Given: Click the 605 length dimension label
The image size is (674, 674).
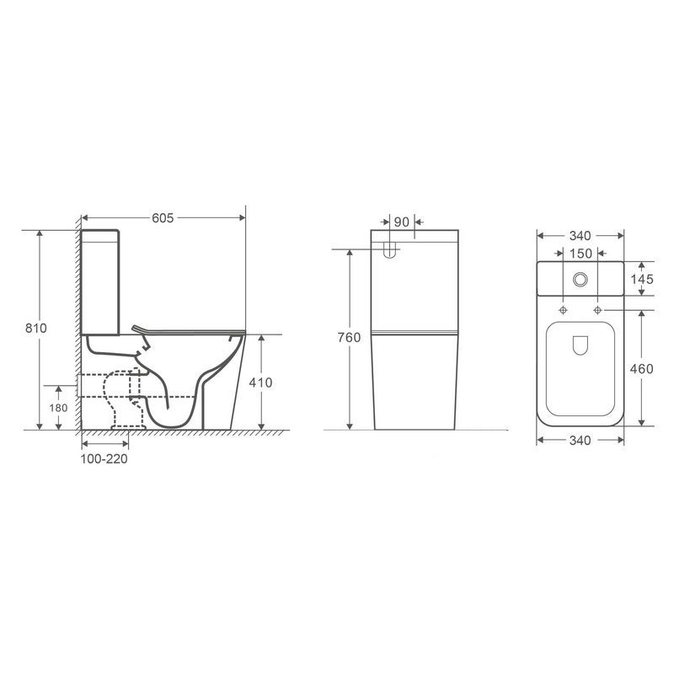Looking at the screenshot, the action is point(163,218).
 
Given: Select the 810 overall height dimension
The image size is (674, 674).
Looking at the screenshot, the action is point(35,328).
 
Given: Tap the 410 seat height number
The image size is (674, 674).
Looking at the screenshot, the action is point(260,382).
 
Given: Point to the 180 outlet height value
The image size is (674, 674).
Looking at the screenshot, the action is point(58,408).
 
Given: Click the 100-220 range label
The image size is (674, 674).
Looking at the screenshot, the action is point(104,458).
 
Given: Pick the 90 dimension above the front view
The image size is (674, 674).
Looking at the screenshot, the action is point(402,222).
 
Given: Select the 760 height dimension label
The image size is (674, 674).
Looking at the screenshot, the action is point(349,338).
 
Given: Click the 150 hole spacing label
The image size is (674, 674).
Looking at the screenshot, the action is point(580,254).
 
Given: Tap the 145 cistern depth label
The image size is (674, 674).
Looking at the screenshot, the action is point(642,279).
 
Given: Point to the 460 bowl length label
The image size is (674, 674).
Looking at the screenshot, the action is point(641,368).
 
